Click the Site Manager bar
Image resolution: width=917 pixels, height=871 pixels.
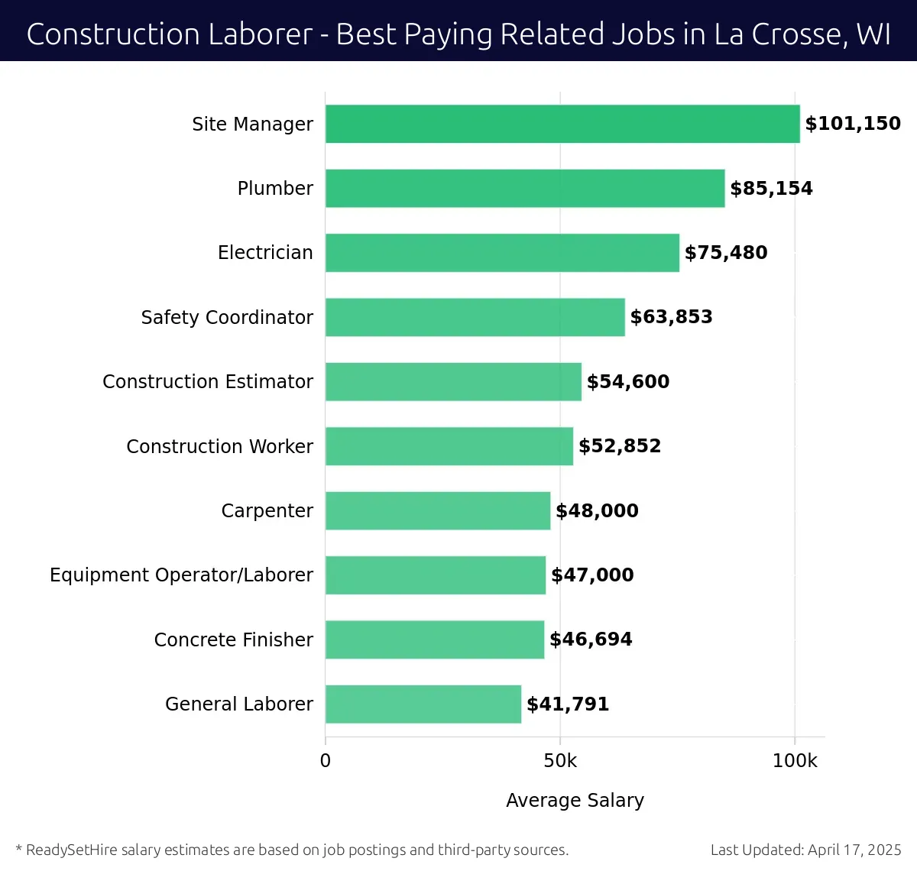562,124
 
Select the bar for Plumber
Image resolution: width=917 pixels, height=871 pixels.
525,188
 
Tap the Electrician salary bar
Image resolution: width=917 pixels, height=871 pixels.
502,253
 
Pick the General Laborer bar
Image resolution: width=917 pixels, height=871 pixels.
423,704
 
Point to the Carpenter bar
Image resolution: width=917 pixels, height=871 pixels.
438,510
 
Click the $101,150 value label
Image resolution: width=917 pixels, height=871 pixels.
853,124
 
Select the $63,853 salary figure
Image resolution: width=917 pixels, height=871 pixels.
671,317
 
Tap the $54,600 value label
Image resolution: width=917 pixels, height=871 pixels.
627,381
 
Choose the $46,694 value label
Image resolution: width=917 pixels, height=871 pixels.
591,639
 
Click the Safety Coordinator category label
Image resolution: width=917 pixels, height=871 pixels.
227,317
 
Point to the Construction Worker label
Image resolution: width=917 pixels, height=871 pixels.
219,446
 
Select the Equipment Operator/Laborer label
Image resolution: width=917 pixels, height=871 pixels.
181,575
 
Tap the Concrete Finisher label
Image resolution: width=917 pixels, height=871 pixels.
233,639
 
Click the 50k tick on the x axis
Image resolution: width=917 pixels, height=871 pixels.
560,761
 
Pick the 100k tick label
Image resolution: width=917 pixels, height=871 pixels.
795,761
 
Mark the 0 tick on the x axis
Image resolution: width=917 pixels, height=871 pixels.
326,761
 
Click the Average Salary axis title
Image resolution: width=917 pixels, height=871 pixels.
575,800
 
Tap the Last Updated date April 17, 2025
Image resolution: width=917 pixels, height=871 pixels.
854,850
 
